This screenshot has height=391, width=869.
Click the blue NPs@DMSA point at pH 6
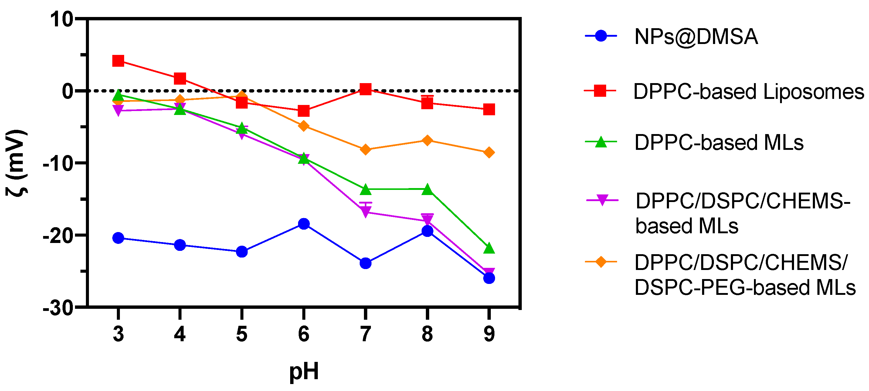[x=304, y=224]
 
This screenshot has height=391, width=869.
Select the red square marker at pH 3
[x=118, y=61]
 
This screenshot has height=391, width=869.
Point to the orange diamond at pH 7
[x=365, y=149]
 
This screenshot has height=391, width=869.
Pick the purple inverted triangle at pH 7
[x=365, y=212]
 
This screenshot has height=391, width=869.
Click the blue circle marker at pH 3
[x=118, y=238]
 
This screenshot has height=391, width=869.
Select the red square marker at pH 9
[x=489, y=109]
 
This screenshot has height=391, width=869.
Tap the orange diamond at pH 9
[x=489, y=152]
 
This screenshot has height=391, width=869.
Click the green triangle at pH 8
[x=427, y=189]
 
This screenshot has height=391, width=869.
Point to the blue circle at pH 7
[x=365, y=263]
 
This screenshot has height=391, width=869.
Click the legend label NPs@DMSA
[x=696, y=36]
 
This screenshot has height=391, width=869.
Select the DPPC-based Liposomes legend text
[x=748, y=91]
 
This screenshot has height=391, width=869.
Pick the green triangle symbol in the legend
[x=601, y=142]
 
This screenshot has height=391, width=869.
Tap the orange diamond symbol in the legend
[x=601, y=261]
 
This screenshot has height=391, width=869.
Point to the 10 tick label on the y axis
[x=62, y=19]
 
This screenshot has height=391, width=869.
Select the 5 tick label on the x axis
[x=242, y=334]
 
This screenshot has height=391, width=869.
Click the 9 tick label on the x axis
[x=489, y=334]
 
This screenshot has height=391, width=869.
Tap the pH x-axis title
[x=304, y=371]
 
